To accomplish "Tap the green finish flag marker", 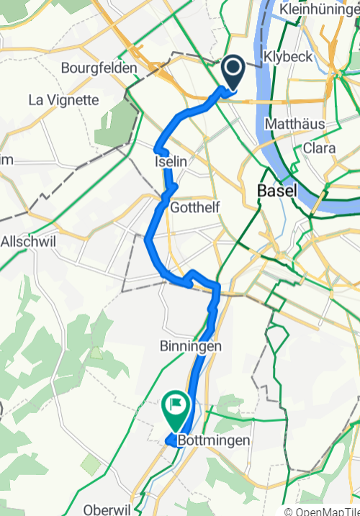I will [x=176, y=407].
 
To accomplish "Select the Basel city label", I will [x=274, y=192].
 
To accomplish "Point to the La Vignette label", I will [x=63, y=100].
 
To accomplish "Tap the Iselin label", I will [x=170, y=163].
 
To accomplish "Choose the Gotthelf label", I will [x=195, y=207].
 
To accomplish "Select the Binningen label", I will [x=190, y=346].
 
